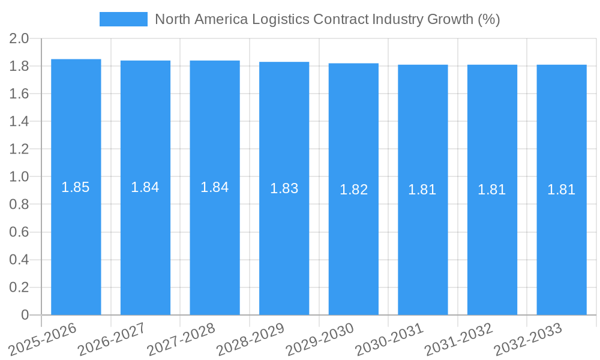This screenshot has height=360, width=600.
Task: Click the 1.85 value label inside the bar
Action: coord(76,187)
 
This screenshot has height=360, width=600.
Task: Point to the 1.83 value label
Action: coord(284,188)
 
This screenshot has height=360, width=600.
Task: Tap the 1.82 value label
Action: coord(354,190)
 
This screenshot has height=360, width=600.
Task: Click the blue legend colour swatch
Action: coord(123,19)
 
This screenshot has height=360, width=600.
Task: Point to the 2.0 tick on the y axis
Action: coord(19,39)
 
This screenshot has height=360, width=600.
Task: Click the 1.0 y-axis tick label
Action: coord(19,177)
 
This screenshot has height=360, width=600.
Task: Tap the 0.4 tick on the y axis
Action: coord(19,260)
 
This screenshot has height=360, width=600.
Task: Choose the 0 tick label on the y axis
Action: coord(25,315)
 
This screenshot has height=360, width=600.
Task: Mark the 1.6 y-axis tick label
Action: coord(19,94)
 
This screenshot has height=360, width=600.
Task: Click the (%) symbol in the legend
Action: coord(488,19)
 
